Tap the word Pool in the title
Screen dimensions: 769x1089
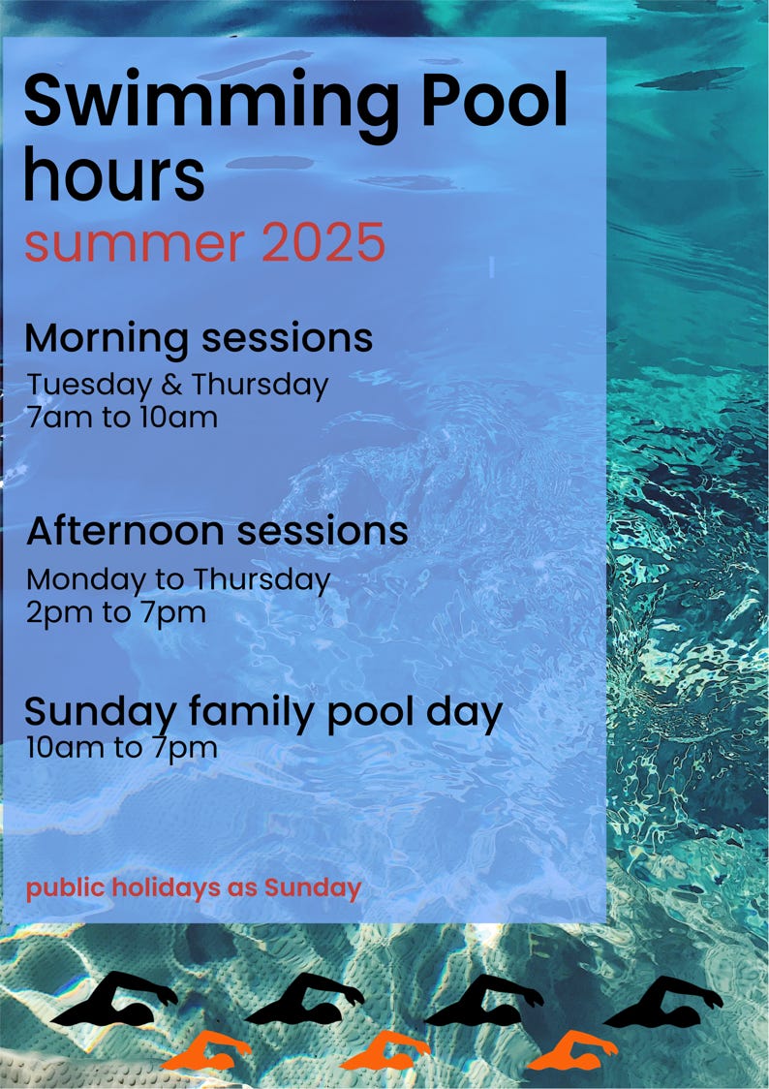coord(495,99)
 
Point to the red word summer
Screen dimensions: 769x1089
coord(135,244)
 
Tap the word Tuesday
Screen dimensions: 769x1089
coord(89,387)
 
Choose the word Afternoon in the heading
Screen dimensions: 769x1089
coord(126,531)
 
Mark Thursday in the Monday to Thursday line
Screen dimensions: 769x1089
coord(261,581)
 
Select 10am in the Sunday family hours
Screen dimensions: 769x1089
coord(60,748)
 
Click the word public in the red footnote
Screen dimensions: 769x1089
coord(66,889)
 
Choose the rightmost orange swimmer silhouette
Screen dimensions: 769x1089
coord(571,1051)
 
